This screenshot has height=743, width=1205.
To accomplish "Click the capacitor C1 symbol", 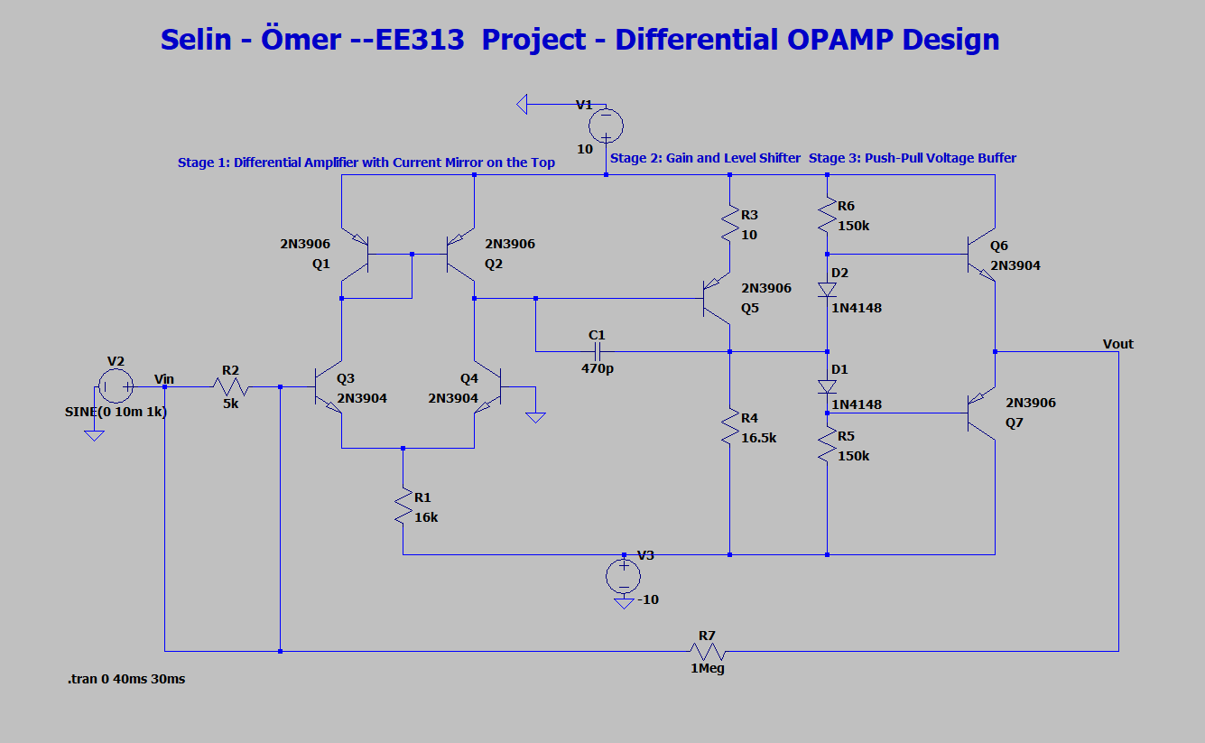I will (597, 351).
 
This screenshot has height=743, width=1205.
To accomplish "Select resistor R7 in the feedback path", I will (708, 651).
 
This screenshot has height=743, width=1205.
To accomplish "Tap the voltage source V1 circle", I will (606, 124).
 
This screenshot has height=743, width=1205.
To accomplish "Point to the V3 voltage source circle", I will (623, 575).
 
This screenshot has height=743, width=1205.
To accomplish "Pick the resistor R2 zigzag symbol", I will (231, 387).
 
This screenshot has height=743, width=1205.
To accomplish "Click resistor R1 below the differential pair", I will (403, 506).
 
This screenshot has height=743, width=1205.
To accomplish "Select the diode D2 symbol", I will (827, 289).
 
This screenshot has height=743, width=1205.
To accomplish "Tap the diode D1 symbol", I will (827, 386).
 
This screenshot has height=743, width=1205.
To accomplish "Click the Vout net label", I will (1117, 344).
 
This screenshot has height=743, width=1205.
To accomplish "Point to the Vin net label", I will (164, 378).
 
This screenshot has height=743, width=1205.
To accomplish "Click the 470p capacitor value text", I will (597, 368).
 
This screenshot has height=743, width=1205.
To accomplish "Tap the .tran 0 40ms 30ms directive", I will (125, 679).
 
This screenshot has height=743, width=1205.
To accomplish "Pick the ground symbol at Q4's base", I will (535, 416).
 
